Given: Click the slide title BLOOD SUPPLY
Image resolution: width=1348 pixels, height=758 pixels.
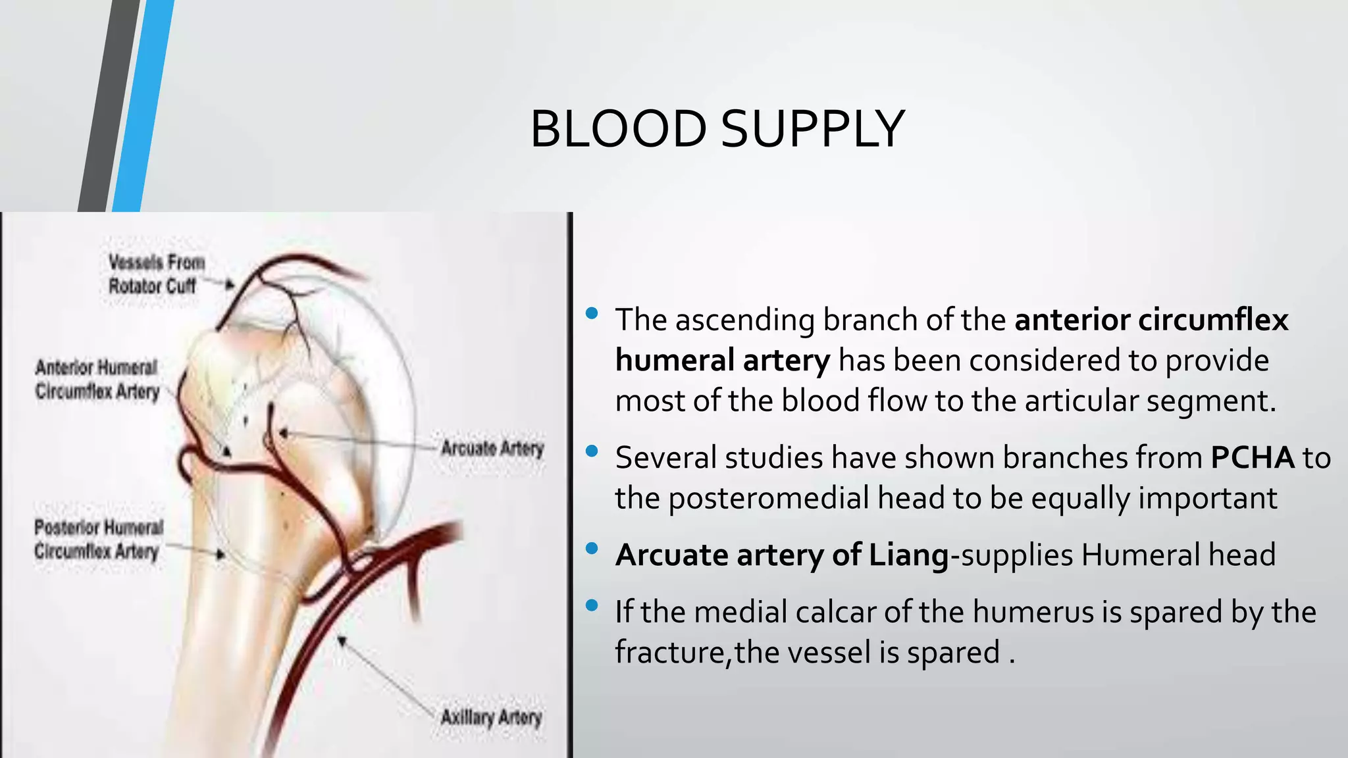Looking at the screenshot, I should [x=717, y=129].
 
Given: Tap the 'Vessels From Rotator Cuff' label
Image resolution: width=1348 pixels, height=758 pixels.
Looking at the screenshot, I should [x=156, y=274].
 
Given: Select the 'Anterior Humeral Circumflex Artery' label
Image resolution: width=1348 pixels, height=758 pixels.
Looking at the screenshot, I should [x=97, y=380].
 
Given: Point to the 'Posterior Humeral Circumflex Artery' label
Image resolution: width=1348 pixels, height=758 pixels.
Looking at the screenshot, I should [x=98, y=539].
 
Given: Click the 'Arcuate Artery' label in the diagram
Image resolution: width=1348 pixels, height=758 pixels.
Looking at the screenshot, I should [x=492, y=449].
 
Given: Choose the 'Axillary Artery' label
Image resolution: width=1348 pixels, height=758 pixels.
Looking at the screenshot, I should [x=491, y=717].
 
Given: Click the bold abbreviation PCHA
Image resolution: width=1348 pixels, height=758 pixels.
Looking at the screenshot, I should [x=1252, y=458].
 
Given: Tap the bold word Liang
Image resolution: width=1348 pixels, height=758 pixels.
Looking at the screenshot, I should [x=909, y=555].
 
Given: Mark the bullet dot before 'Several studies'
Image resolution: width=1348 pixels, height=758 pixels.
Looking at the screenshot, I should [x=591, y=451].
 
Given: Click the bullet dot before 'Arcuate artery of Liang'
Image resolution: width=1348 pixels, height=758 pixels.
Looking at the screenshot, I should [x=591, y=548].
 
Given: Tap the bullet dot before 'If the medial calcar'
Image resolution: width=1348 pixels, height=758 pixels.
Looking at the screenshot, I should [x=591, y=605].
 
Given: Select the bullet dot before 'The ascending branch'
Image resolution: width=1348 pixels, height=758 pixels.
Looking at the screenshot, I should [x=591, y=313].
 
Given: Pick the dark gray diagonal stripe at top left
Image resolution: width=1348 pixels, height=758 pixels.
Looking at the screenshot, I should [x=109, y=105].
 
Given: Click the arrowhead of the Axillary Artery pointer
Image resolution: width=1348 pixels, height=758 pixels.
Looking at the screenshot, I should [x=341, y=640].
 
